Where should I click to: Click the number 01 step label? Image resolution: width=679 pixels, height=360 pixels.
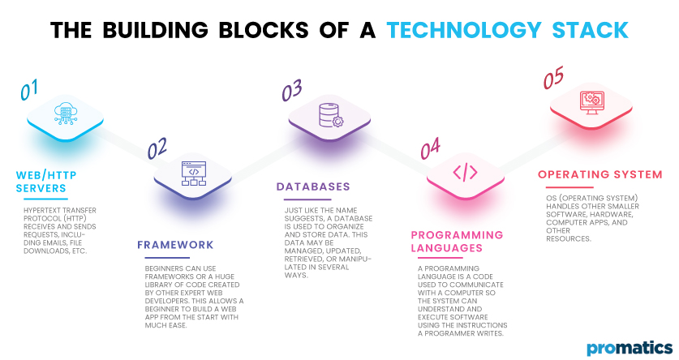click(x=30, y=89)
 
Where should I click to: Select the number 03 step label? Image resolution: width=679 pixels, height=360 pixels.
click(x=293, y=91)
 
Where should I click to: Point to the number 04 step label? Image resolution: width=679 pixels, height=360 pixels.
click(x=431, y=148)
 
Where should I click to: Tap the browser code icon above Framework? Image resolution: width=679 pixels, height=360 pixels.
click(x=194, y=173)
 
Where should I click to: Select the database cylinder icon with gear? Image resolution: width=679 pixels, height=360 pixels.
click(x=331, y=115)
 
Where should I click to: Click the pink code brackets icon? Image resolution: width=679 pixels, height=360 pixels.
click(x=465, y=172)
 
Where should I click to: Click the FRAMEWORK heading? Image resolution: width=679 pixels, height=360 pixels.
click(x=175, y=245)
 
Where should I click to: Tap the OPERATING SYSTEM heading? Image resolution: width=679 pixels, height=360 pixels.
click(x=599, y=174)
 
